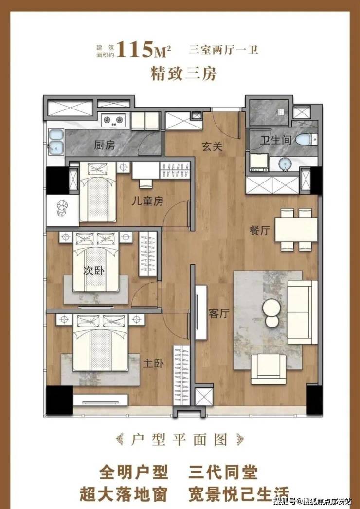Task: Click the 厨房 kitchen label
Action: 105,145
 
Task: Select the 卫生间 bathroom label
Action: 276,140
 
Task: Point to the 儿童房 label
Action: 147,201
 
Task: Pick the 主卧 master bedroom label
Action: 154,364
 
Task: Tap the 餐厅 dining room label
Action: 259,231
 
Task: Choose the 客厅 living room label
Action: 219,314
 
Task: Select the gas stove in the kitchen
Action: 113,120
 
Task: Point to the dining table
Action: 296,230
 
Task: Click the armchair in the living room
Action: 269,369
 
